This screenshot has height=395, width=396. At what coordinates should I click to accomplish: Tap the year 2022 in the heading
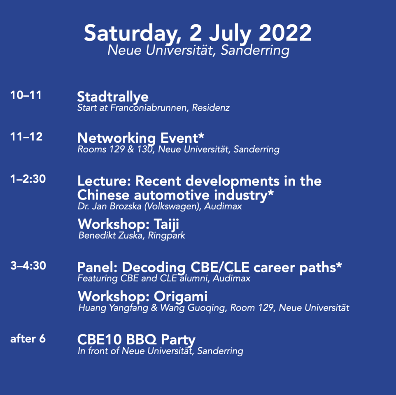[285, 33]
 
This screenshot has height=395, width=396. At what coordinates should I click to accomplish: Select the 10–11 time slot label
[26, 95]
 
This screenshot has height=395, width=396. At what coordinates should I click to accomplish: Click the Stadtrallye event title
[113, 97]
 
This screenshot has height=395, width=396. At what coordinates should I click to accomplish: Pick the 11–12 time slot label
[26, 137]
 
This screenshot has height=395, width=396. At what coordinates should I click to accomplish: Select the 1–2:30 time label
[28, 179]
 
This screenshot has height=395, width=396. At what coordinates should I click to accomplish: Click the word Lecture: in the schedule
[104, 181]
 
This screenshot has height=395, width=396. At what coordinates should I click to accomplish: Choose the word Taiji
[166, 224]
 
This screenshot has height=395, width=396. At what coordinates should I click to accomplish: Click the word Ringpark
[166, 235]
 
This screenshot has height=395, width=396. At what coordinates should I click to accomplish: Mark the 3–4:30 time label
[28, 266]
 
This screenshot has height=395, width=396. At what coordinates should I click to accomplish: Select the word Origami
[181, 297]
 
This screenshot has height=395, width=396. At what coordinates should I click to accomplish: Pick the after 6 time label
[28, 339]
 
